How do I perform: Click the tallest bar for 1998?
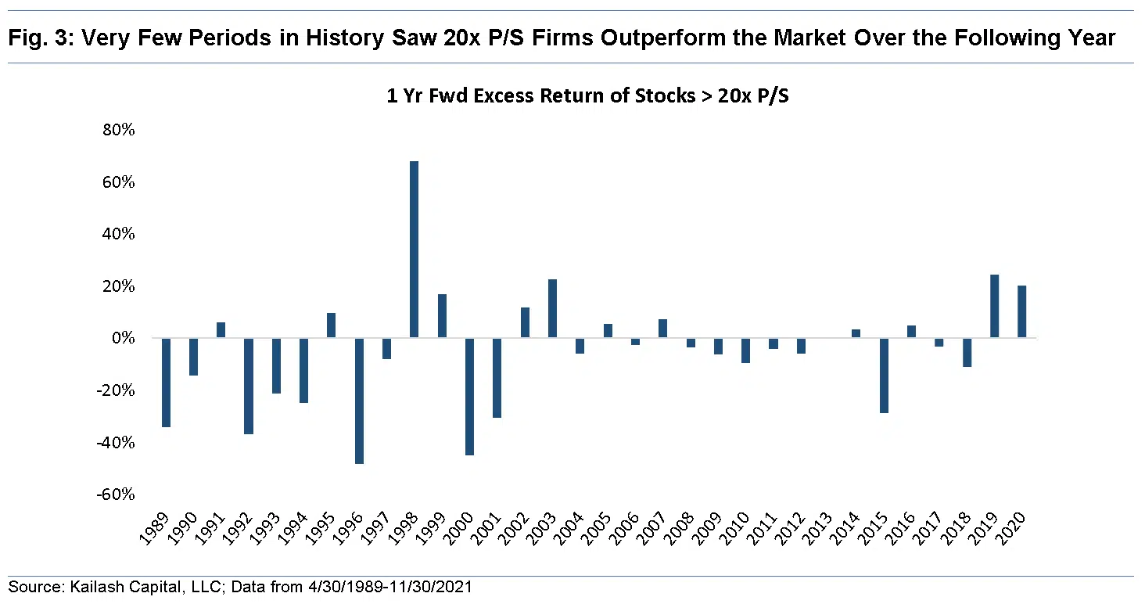click(415, 250)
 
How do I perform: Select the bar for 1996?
click(359, 401)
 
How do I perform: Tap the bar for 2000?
click(469, 397)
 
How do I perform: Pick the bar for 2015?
click(884, 376)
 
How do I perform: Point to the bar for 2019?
click(994, 307)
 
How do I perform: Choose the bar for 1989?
click(166, 383)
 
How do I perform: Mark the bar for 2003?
click(552, 308)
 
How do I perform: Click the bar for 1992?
click(249, 386)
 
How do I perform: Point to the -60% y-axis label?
click(116, 494)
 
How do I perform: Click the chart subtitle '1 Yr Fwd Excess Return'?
click(587, 96)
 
